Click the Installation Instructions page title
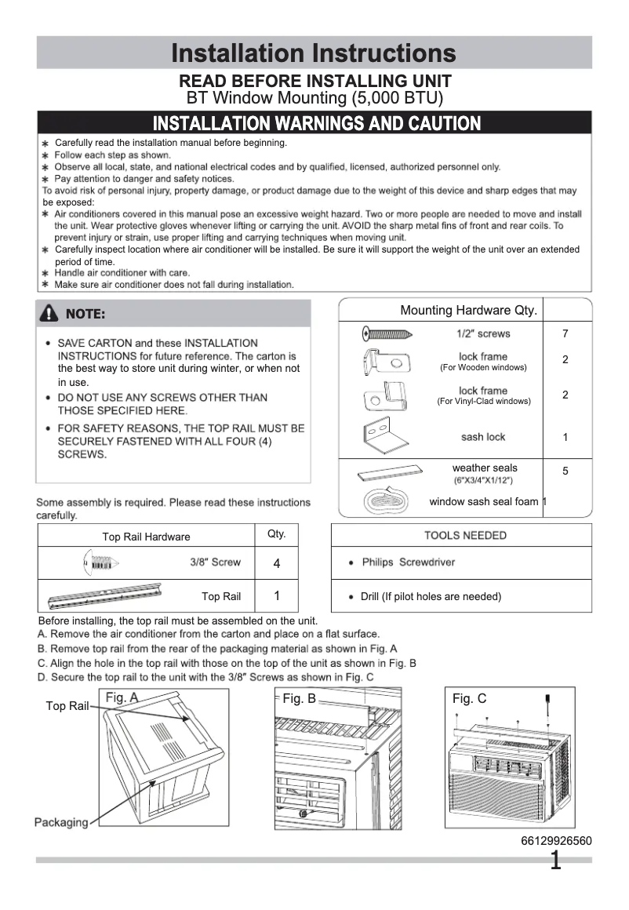[x=314, y=53]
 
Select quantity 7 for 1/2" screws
[x=565, y=334]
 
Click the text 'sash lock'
[x=483, y=437]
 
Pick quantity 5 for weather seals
[x=565, y=471]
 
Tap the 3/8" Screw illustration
[x=100, y=562]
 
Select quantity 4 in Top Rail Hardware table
[x=277, y=563]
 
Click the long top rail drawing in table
[x=105, y=595]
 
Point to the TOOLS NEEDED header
[x=465, y=536]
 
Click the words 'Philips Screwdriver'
[x=408, y=562]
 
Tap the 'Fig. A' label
[x=122, y=697]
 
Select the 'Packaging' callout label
[x=60, y=822]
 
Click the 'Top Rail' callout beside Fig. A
[x=67, y=706]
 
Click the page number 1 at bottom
[x=555, y=861]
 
